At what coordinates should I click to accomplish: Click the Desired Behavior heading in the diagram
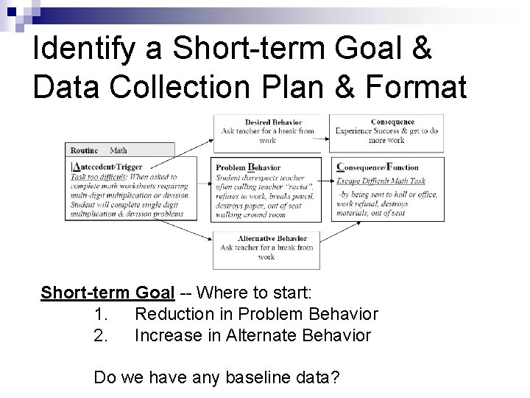click(x=273, y=122)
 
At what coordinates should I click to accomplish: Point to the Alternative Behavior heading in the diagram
click(x=272, y=238)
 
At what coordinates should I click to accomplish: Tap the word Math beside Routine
click(x=118, y=150)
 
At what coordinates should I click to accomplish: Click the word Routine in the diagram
click(x=84, y=150)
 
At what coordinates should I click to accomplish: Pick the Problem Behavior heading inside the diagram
click(x=248, y=167)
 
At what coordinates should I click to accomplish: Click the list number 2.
click(x=101, y=335)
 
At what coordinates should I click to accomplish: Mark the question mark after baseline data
click(x=335, y=378)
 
